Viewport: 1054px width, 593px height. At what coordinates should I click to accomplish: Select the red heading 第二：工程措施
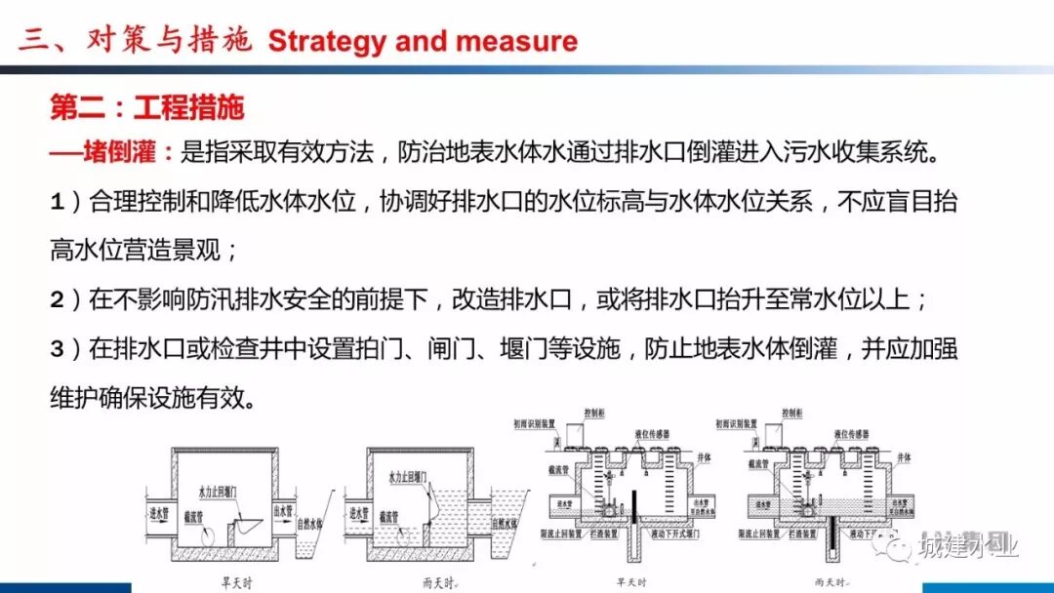pyautogui.click(x=147, y=107)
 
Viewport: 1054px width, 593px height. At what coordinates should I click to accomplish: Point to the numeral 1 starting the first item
pyautogui.click(x=58, y=203)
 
